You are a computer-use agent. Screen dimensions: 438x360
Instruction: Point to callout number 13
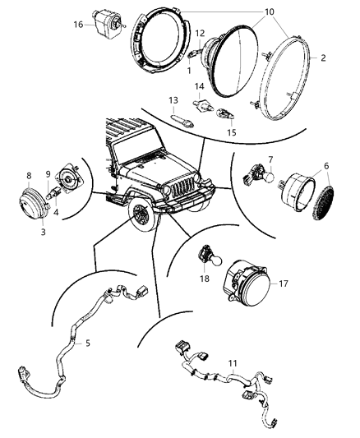click(x=173, y=100)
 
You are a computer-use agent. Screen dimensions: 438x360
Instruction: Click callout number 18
click(x=202, y=279)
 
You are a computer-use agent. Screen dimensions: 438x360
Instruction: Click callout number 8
click(x=30, y=175)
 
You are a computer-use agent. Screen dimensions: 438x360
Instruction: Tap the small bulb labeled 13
click(x=185, y=121)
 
